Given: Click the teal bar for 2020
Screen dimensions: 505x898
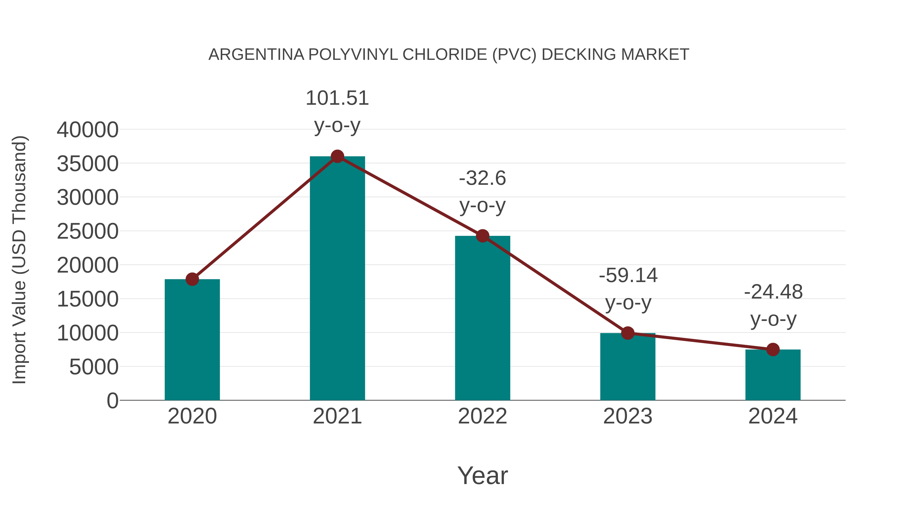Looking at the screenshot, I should [192, 340].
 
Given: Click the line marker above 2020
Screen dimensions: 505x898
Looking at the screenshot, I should [192, 279].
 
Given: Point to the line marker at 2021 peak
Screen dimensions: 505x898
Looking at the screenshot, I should [337, 156].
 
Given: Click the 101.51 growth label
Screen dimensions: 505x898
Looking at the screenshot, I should [337, 98].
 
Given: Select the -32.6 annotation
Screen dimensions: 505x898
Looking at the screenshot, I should [482, 179].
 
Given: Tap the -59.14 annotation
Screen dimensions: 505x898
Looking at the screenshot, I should [628, 276].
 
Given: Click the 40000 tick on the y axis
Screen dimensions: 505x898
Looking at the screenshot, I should [88, 130].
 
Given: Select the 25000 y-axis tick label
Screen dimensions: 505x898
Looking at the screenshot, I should [88, 231].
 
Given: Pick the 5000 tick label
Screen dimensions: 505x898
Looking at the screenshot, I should [94, 367].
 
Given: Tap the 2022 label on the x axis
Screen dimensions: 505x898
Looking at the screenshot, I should [482, 416].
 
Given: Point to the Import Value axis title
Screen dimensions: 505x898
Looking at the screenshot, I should [19, 260].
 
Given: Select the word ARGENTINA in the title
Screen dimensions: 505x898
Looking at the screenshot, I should [256, 55].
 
